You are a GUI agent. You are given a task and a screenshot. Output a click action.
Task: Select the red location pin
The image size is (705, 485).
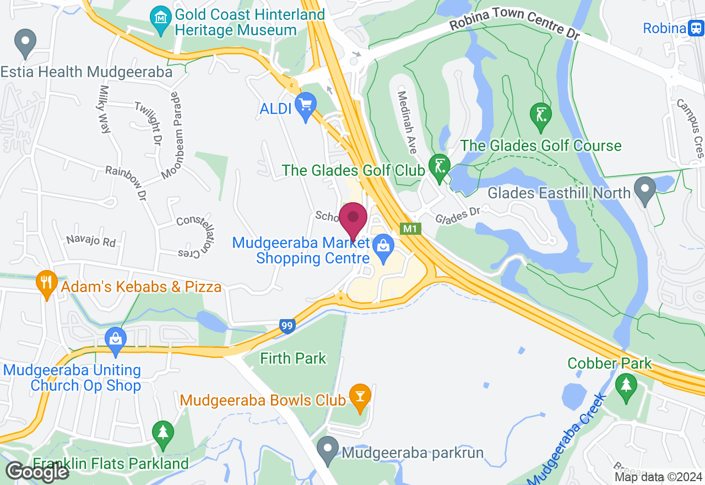tap(352, 218)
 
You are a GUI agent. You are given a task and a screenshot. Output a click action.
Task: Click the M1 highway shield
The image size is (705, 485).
tap(408, 228)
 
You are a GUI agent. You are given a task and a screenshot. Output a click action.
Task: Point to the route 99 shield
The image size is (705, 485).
tap(287, 326)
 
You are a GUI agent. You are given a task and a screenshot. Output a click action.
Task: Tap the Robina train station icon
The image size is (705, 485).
tap(696, 28)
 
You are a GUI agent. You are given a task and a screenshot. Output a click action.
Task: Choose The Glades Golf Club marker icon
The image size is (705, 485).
tap(440, 166)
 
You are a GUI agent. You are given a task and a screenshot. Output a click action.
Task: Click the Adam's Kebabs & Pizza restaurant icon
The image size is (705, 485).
tap(46, 283)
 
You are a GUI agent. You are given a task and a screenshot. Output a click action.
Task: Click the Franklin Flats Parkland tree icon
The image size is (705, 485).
tap(162, 433)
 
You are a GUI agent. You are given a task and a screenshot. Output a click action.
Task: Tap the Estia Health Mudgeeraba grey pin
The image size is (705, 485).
tap(25, 42)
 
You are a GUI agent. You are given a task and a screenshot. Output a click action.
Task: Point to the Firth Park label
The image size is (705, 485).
tap(293, 359)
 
